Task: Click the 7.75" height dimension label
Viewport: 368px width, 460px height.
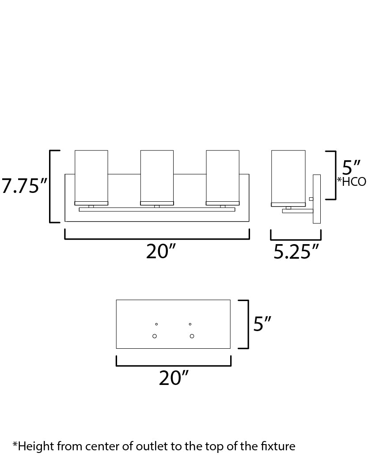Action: [24, 186]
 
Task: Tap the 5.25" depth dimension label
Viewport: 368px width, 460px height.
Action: [296, 252]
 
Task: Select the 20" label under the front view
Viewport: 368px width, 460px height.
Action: [161, 252]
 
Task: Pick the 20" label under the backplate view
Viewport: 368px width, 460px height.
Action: [174, 378]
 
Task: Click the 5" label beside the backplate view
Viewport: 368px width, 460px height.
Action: [262, 324]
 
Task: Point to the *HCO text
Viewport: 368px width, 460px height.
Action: [352, 181]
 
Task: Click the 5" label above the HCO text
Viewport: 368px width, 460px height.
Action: [351, 167]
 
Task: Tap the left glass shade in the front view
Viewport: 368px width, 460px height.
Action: [91, 177]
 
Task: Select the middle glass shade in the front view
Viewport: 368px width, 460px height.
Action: [157, 177]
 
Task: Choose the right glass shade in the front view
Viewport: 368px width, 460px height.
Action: [223, 177]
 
